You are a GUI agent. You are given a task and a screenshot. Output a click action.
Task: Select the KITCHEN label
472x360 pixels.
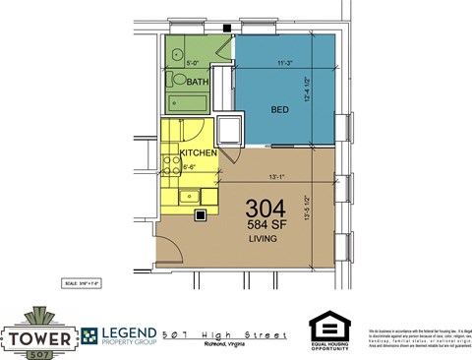198,154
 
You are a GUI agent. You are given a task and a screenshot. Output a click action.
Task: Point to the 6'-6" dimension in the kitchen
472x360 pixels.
192,167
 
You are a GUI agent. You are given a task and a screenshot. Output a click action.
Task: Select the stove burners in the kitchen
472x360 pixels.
169,162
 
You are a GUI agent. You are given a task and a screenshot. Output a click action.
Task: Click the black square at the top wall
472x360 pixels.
227,29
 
